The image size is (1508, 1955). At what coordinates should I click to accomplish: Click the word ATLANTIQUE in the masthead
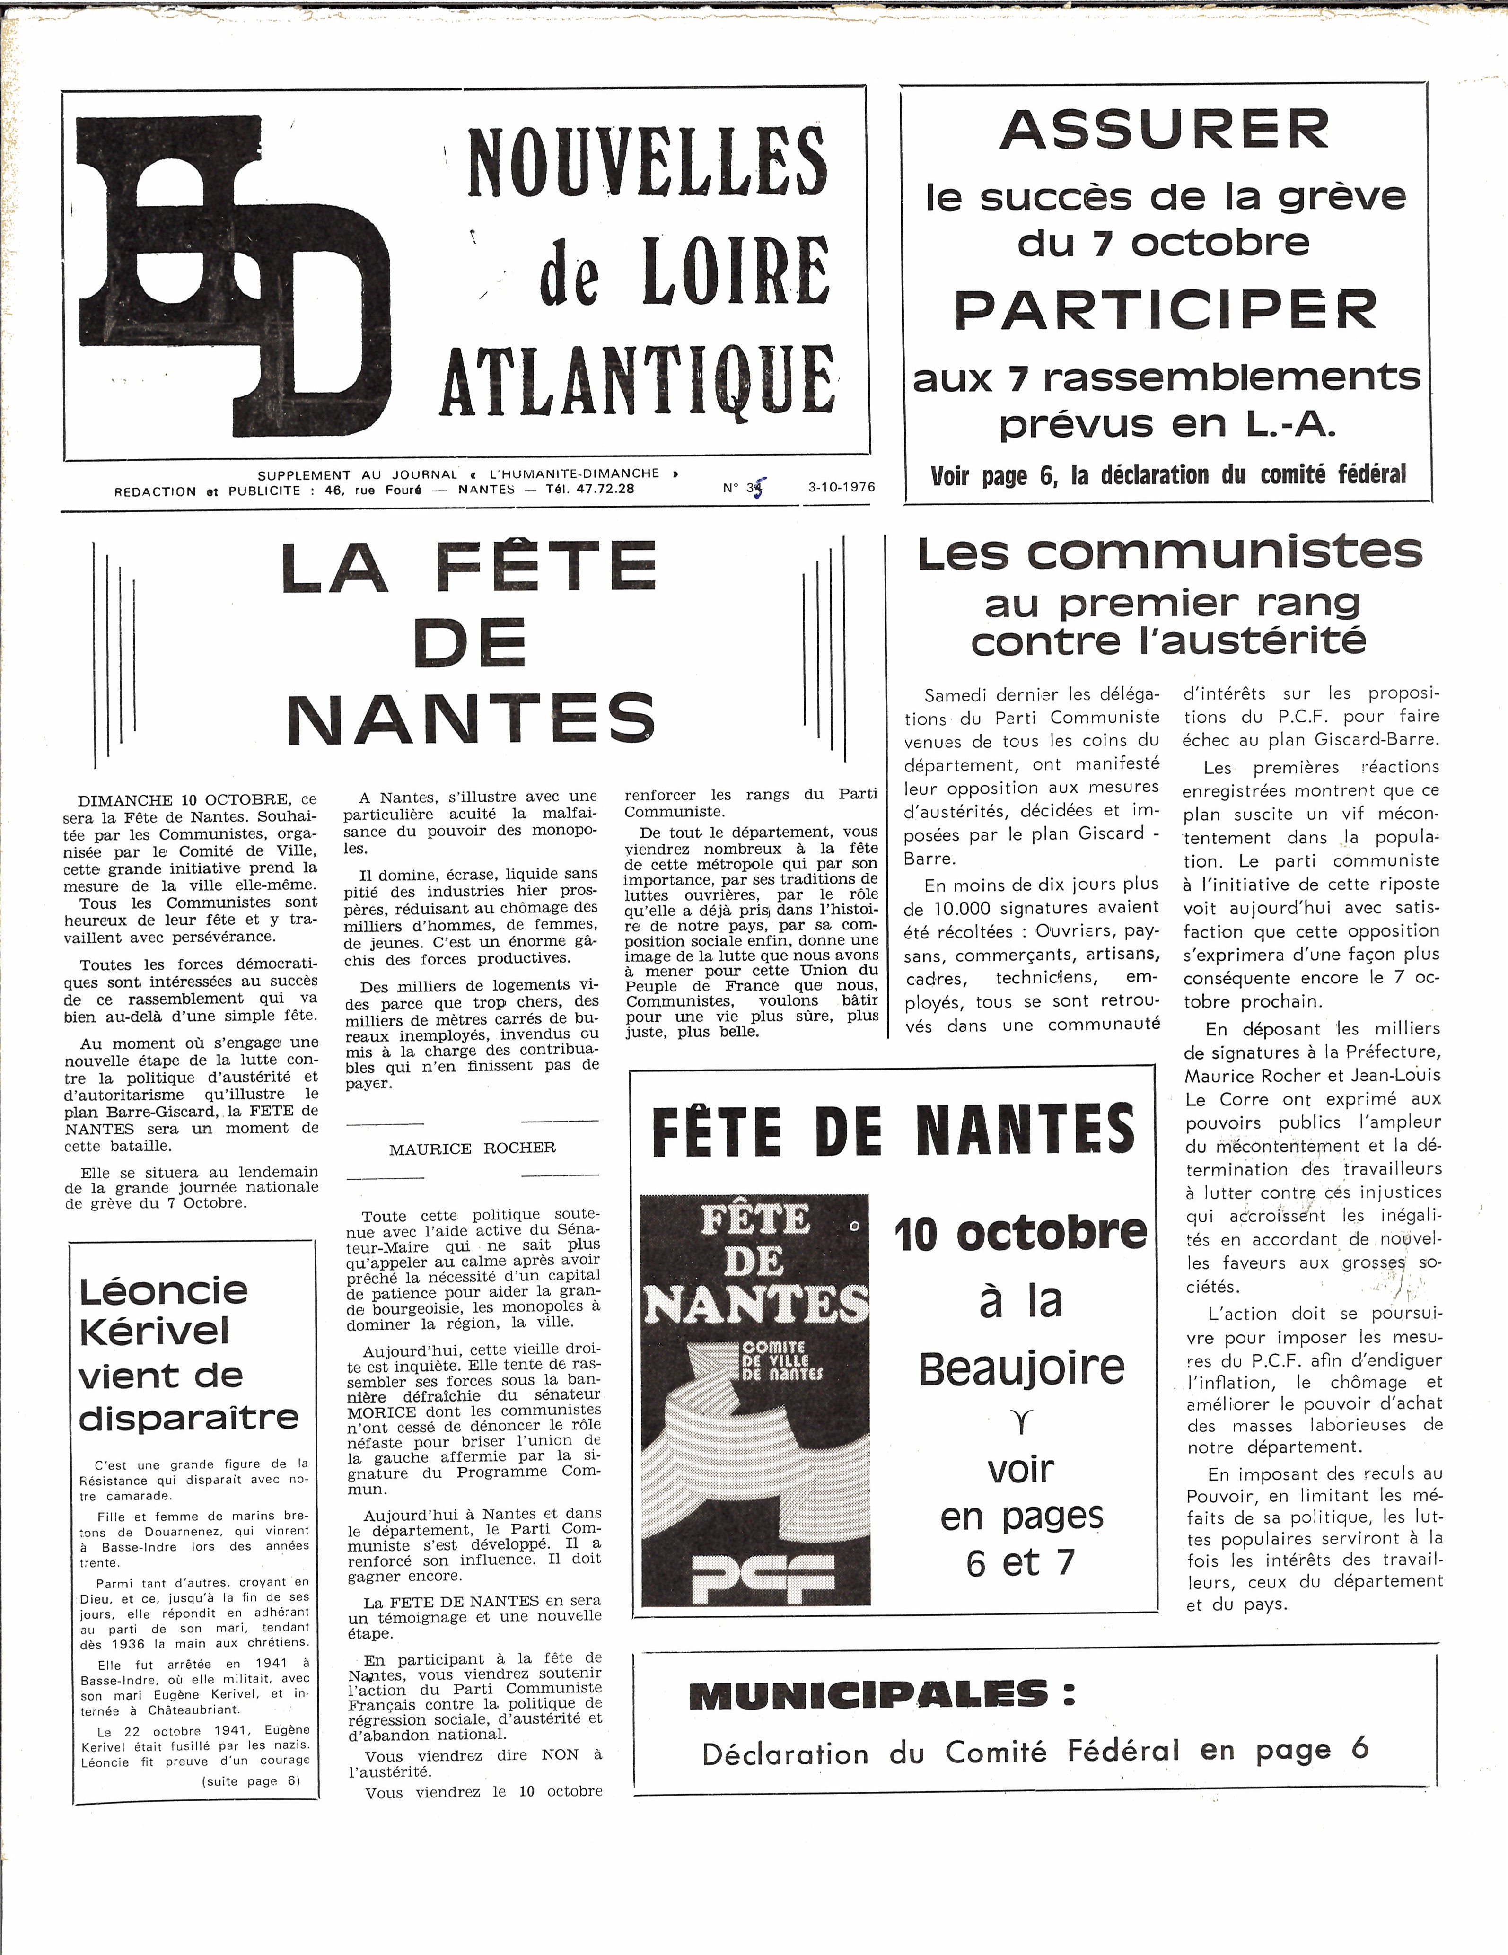(638, 380)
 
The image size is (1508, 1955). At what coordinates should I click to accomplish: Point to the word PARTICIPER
(1164, 310)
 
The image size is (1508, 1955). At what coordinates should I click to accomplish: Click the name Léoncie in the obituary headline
(163, 1291)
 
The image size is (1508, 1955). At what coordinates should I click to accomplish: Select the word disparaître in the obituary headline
(189, 1418)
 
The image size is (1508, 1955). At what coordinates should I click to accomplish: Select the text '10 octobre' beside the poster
(1020, 1234)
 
